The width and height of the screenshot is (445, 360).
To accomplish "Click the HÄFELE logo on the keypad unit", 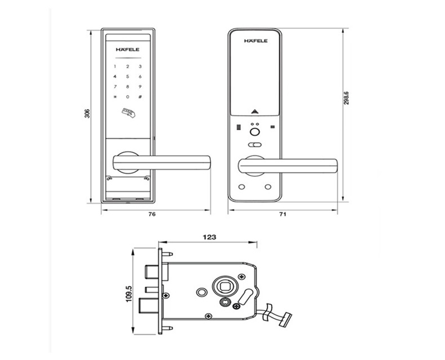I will coord(127,49).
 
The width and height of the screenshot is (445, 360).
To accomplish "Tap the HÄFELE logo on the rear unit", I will coord(255,41).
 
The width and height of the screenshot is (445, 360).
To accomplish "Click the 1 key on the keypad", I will coord(115,67).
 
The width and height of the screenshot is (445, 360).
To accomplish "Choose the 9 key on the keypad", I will coord(141,87).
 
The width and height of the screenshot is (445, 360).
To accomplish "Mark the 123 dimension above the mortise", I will coord(209,236).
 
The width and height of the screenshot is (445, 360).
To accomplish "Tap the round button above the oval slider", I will coord(255,132).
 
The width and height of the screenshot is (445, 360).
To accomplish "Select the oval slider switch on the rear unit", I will coord(255,145).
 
